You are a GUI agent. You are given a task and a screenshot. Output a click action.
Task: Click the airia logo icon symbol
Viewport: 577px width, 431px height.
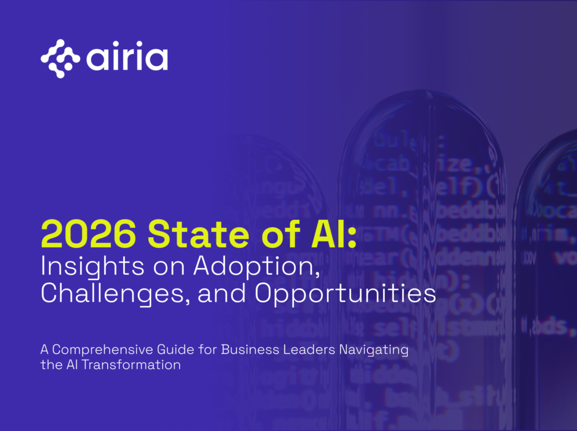click(x=60, y=58)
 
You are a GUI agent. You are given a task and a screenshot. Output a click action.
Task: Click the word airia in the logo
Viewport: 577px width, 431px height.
click(x=127, y=58)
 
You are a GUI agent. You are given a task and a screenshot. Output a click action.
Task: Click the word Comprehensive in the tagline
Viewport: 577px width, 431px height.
click(x=97, y=350)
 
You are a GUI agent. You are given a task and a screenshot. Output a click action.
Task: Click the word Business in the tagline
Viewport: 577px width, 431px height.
click(x=245, y=350)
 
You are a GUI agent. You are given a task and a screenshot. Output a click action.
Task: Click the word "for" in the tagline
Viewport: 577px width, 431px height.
click(x=204, y=350)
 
